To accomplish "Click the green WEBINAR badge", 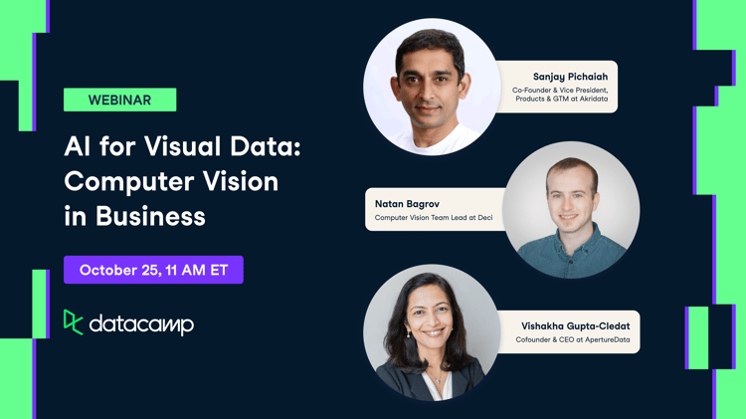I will pyautogui.click(x=119, y=100).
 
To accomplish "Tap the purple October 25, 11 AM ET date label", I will pyautogui.click(x=153, y=270).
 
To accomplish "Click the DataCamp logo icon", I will pyautogui.click(x=73, y=322).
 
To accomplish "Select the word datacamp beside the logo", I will pyautogui.click(x=141, y=324).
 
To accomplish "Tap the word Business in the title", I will pyautogui.click(x=150, y=216).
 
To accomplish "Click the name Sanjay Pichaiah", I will pyautogui.click(x=570, y=76).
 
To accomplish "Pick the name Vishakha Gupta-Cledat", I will pyautogui.click(x=575, y=325).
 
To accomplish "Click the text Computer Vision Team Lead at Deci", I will pyautogui.click(x=434, y=218).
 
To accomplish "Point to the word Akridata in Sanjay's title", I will pyautogui.click(x=588, y=100).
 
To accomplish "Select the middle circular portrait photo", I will pyautogui.click(x=571, y=209).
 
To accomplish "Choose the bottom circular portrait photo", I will pyautogui.click(x=432, y=332).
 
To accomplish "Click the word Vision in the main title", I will pyautogui.click(x=242, y=182).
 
